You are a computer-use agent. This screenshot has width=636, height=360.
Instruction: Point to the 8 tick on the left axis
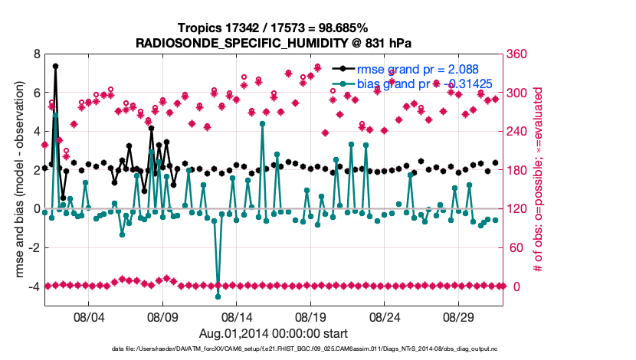point(35,54)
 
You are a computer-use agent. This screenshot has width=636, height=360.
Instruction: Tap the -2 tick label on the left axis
point(33,247)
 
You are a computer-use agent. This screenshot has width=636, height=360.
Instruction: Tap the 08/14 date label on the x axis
point(237,316)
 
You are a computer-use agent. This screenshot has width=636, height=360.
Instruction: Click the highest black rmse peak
point(55,66)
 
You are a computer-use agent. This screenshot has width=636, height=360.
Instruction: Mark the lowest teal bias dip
point(218,296)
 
